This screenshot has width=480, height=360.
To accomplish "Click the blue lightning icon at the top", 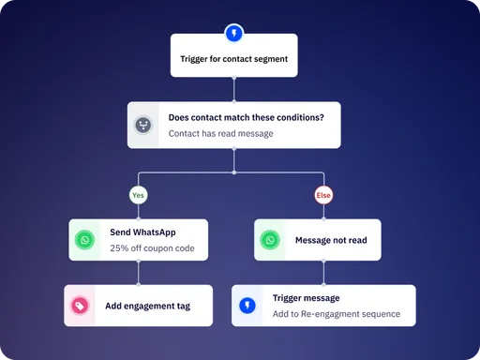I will point(233,32).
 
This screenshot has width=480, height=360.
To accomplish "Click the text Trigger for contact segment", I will point(233,59).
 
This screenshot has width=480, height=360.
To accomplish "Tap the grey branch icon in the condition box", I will point(143,126).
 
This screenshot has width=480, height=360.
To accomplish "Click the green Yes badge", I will point(139,197).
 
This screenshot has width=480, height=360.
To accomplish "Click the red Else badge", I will point(323,197).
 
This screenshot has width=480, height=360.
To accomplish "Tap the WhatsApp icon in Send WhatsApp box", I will point(85,240).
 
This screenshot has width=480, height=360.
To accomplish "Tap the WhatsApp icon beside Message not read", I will point(270,240).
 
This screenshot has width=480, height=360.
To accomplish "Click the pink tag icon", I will point(80,306).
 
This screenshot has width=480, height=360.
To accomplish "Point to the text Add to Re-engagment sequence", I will point(336,313).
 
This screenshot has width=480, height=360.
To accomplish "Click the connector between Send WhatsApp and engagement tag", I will point(139,273).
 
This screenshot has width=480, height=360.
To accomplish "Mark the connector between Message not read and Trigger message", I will point(323,273).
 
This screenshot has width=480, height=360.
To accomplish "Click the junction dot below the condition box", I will point(233,172).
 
